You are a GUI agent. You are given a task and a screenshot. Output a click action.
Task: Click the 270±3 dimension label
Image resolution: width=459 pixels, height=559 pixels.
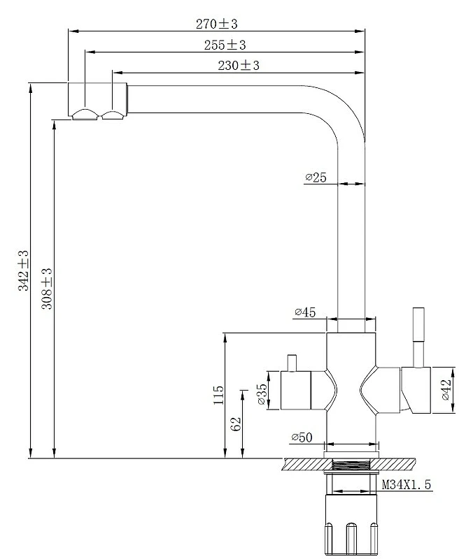tap(216, 24)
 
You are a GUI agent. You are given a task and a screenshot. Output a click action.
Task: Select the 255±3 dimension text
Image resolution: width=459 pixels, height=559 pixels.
tap(225, 45)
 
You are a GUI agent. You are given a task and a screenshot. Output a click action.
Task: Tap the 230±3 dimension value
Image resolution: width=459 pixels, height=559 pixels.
tap(239, 65)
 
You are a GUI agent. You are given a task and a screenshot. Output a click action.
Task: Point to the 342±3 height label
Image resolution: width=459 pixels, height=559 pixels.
tap(23, 270)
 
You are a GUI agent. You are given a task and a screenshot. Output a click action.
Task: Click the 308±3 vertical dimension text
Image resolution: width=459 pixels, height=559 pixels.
tap(47, 289)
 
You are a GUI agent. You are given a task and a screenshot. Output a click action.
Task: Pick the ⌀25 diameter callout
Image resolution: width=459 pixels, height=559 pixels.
tap(316, 177)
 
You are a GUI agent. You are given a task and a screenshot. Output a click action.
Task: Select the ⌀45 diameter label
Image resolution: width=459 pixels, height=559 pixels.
tap(305, 312)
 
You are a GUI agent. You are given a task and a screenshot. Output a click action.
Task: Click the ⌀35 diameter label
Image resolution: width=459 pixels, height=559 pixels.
tap(262, 394)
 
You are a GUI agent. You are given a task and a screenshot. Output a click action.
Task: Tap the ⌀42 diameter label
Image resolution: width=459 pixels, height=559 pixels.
tap(446, 390)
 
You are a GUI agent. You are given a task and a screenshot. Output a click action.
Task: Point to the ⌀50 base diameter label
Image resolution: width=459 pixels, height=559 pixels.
tap(302, 437)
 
